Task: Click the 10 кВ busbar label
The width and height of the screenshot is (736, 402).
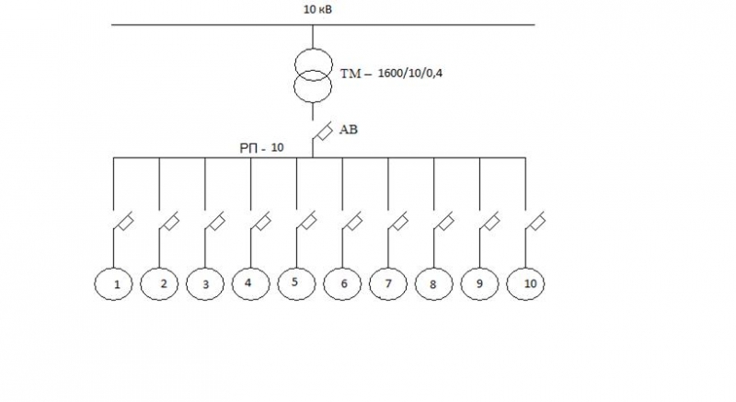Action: point(317,9)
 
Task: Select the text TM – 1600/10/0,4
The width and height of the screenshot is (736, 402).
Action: point(391,74)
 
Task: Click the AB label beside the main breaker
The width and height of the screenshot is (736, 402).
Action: point(349,130)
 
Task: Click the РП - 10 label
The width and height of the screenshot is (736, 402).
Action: point(261,148)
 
